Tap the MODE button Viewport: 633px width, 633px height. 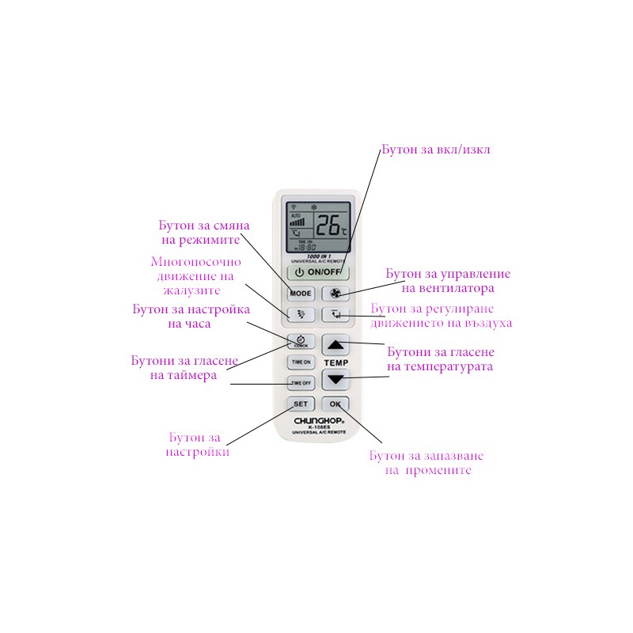tap(301, 293)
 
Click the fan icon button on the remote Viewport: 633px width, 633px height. tap(335, 293)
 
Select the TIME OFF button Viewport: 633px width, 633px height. tap(301, 383)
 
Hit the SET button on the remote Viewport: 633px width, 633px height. tap(301, 404)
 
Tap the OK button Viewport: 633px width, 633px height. tap(335, 404)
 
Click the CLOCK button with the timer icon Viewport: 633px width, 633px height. tap(301, 342)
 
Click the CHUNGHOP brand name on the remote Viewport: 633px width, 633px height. tap(316, 421)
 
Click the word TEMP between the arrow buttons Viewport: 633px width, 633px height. tap(335, 362)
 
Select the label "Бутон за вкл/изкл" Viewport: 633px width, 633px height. tap(435, 150)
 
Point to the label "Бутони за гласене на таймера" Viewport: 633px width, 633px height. tap(184, 368)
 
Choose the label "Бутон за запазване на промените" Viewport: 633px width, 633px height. tap(426, 463)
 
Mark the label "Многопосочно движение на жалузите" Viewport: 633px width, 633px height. tap(195, 276)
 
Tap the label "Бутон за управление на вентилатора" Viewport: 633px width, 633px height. tap(448, 281)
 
